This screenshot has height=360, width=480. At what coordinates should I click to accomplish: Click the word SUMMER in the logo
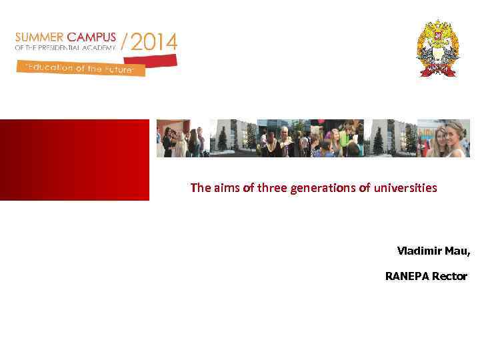(37, 37)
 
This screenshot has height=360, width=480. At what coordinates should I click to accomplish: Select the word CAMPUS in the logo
(89, 37)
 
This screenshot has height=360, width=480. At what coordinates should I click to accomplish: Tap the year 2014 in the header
(154, 43)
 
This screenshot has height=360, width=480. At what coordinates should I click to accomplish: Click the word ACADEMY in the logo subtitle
(100, 47)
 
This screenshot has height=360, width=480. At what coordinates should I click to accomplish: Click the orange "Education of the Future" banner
(80, 68)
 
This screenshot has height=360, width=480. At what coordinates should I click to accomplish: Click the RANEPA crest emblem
(438, 48)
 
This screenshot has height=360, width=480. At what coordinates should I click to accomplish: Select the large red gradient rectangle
(75, 159)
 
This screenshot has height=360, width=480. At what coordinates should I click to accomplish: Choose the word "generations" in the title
(323, 188)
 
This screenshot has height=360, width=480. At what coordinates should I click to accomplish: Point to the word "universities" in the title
(405, 188)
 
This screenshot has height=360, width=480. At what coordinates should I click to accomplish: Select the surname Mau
(457, 251)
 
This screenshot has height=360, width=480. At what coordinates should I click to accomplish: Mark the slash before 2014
(124, 43)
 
